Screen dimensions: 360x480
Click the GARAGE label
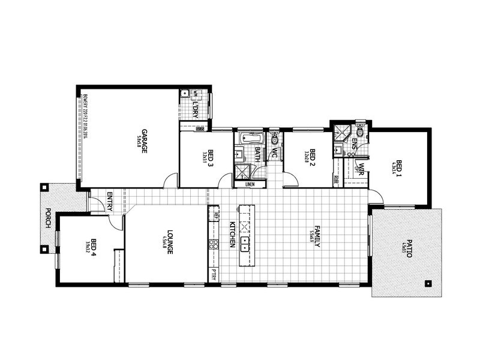coord(145,142)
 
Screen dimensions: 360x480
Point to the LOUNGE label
coord(170,243)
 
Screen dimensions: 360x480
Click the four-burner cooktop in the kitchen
coord(213,244)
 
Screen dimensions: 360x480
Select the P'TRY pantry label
coord(214,274)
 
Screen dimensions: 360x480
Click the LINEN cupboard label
coord(250,184)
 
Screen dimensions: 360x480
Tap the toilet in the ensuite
coord(359,131)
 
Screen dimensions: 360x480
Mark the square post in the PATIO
coord(428,283)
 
